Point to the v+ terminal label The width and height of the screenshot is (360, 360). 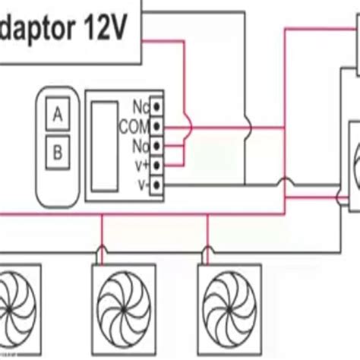click(x=141, y=163)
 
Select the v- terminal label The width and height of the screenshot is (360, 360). click(x=142, y=183)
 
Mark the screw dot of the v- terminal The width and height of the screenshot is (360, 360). click(x=156, y=183)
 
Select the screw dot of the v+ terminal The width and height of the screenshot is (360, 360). click(x=156, y=163)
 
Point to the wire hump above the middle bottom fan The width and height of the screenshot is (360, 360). click(x=103, y=248)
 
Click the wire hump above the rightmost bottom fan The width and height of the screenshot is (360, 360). click(x=208, y=248)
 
